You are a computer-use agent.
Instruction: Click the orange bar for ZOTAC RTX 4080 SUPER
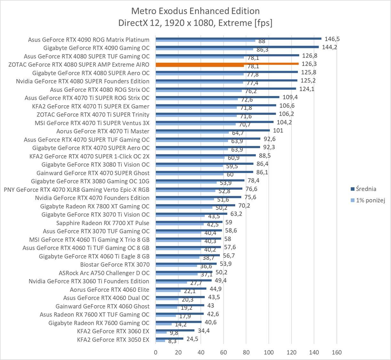tap(227, 64)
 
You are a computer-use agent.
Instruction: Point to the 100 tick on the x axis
tap(269, 352)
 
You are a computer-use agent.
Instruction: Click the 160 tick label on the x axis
tap(337, 352)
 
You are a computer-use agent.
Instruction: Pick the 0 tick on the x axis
tap(156, 352)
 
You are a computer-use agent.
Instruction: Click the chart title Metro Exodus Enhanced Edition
tap(195, 11)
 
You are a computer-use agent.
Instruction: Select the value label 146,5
tap(332, 39)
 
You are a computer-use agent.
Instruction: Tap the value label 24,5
tap(192, 339)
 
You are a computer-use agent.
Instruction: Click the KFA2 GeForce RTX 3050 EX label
tap(113, 340)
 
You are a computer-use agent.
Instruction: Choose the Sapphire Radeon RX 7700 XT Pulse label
tap(103, 223)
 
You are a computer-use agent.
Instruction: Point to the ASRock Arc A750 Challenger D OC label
tap(104, 273)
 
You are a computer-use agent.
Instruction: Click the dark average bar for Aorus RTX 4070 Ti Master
tap(213, 130)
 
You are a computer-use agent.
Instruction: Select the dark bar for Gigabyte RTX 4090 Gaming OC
tap(237, 47)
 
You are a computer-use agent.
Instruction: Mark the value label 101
tap(278, 131)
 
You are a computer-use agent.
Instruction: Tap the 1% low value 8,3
tap(172, 341)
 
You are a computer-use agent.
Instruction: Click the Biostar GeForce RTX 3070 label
tap(115, 265)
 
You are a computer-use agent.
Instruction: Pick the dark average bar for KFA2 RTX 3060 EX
tap(175, 330)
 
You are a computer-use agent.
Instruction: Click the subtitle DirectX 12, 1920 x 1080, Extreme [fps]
tap(195, 23)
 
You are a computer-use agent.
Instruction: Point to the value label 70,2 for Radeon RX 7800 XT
tap(244, 205)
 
